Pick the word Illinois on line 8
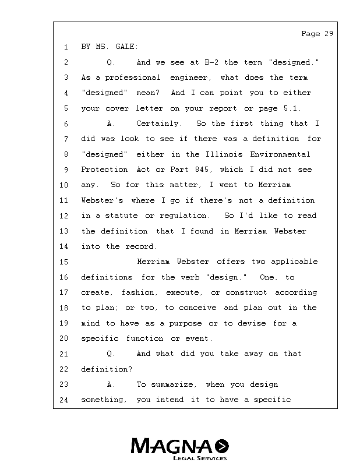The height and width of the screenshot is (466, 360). pos(225,154)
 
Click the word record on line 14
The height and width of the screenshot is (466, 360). pos(140,246)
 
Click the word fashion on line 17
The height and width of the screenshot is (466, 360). pos(139,292)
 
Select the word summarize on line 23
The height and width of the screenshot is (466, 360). pos(178,384)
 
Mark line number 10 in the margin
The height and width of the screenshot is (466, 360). pos(63,185)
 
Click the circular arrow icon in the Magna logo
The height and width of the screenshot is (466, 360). pos(222,446)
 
